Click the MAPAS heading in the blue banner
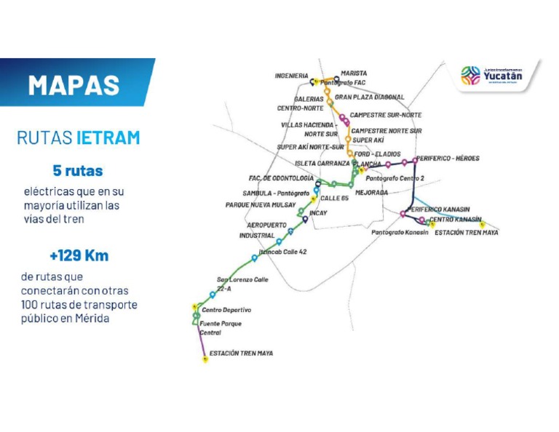point(74,84)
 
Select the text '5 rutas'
point(77,172)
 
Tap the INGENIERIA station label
point(291,76)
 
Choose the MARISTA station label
point(354,73)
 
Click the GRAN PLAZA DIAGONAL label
point(370,97)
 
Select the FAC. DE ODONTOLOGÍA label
point(282,178)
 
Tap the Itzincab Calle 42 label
point(283,252)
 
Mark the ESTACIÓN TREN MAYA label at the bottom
point(241,354)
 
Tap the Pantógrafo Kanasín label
point(400,233)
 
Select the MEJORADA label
point(372,193)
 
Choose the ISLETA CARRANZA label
point(322,164)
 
